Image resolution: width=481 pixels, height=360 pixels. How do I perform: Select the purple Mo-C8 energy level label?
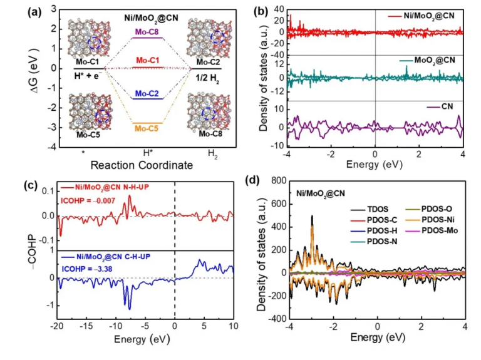(142, 31)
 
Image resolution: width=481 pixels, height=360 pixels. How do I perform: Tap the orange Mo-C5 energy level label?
(142, 128)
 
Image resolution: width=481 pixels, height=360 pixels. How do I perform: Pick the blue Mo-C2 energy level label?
(142, 93)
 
